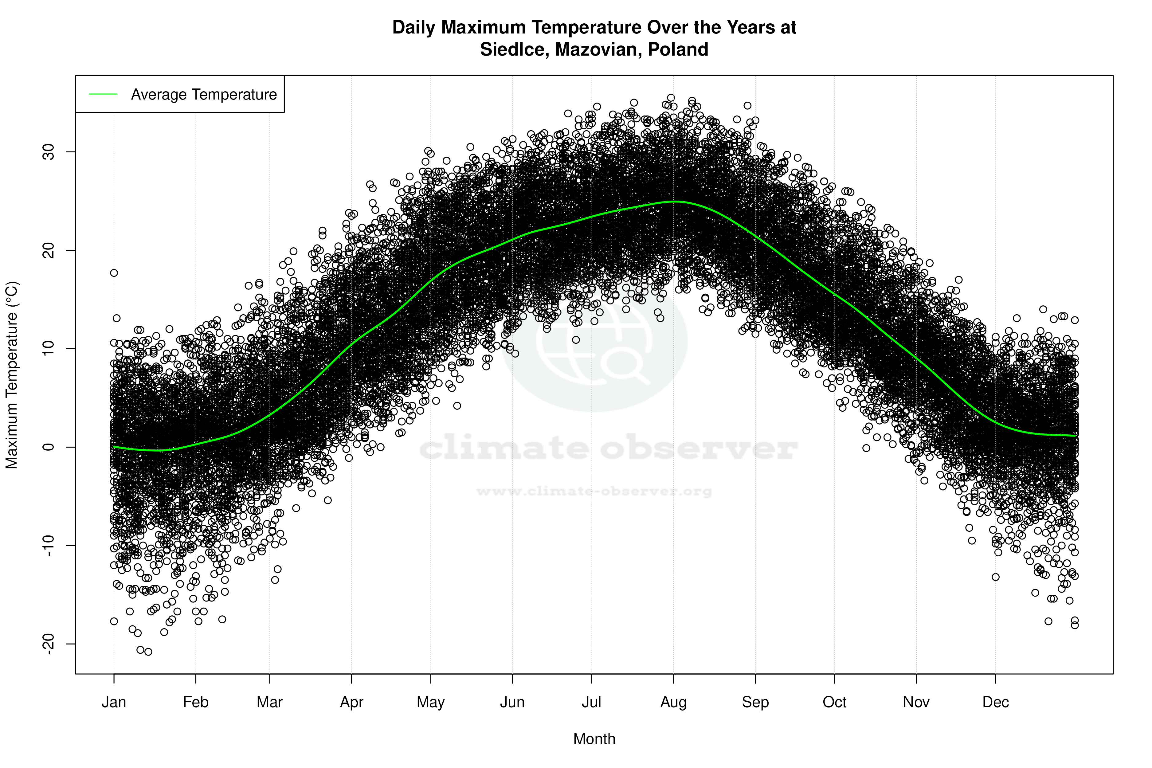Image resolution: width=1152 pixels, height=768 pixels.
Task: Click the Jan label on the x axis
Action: click(x=114, y=702)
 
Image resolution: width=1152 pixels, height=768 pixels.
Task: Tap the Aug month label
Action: click(x=673, y=702)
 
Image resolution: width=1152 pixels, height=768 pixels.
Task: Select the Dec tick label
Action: click(x=995, y=702)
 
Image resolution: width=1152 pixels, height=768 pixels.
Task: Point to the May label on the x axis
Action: click(x=430, y=702)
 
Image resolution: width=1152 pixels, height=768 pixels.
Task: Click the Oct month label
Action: click(x=834, y=702)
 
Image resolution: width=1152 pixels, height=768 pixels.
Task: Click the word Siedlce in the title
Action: click(x=514, y=49)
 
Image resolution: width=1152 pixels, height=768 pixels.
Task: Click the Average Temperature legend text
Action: click(x=204, y=95)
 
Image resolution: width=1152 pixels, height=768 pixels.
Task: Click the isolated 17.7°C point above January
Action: click(x=114, y=273)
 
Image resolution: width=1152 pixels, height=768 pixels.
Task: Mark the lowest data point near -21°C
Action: click(x=148, y=652)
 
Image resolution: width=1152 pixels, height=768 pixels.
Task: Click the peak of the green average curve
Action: click(x=675, y=201)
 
